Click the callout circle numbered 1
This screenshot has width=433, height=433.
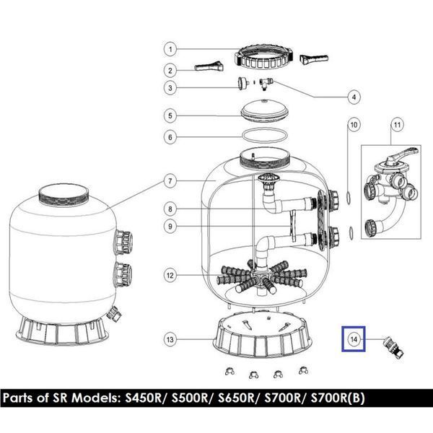[x=170, y=49]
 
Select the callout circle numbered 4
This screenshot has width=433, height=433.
[x=354, y=97]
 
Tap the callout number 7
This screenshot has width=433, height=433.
[x=170, y=181]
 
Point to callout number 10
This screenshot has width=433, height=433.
[x=354, y=125]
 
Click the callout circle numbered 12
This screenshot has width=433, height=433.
[x=170, y=276]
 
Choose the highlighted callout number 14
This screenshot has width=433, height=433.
[x=354, y=339]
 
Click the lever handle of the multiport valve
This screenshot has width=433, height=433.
[x=403, y=154]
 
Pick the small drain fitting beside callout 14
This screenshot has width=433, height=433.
[x=393, y=347]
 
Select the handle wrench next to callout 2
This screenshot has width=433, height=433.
[x=209, y=66]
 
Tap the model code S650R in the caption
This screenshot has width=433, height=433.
[x=236, y=398]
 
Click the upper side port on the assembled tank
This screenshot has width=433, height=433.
[x=123, y=242]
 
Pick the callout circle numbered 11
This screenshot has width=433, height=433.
[x=397, y=125]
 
